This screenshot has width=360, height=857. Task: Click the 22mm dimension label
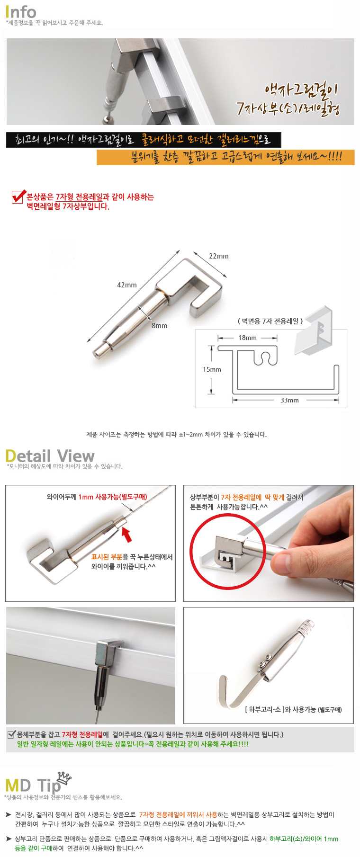(x=219, y=256)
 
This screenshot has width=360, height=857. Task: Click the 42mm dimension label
(x=127, y=285)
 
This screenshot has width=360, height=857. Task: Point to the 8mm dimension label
(x=160, y=326)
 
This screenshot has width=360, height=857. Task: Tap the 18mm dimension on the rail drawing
(x=247, y=338)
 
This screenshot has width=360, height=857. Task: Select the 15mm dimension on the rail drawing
(x=212, y=369)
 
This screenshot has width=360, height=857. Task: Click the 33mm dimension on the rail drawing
(x=289, y=400)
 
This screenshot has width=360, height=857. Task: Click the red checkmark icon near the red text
(x=18, y=196)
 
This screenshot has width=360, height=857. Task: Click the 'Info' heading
(x=21, y=11)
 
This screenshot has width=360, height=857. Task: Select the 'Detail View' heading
(x=50, y=456)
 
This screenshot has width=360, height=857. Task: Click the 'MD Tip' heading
(x=33, y=786)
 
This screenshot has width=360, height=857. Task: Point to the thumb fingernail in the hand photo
(x=283, y=562)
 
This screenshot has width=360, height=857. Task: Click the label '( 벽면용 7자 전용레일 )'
(x=270, y=321)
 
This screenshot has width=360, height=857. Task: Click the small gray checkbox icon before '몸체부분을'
(x=12, y=734)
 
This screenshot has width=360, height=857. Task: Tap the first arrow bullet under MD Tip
(x=9, y=814)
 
